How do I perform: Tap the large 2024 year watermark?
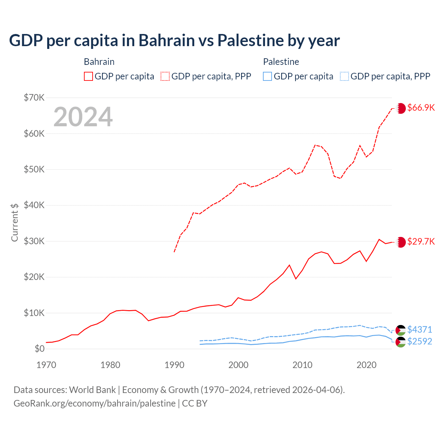point(83,117)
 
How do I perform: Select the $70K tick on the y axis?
point(34,97)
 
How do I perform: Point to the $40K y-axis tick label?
point(34,205)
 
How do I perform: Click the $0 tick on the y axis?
point(40,349)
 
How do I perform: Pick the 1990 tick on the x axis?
point(174,365)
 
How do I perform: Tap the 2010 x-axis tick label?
point(302,365)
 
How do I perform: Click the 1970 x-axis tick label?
point(46,365)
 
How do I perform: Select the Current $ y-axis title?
point(15,222)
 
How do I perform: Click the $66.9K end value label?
point(421,108)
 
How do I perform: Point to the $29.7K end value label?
point(421,241)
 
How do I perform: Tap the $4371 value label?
point(419,329)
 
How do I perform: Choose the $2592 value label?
point(419,341)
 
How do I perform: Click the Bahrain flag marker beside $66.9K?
point(401,108)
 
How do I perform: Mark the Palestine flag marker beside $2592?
point(401,342)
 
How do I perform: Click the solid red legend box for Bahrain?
point(88,76)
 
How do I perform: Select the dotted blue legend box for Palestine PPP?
point(344,76)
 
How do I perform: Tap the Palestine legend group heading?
point(281,62)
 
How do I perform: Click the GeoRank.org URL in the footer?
point(94,403)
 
